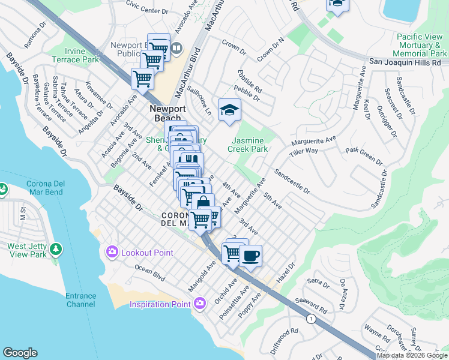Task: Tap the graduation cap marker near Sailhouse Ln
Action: (229, 110)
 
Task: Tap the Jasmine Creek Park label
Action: (247, 144)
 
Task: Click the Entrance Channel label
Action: (80, 300)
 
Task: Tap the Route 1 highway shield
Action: (310, 317)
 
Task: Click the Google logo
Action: (20, 353)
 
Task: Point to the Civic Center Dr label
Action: (146, 7)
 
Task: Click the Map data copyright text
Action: (412, 355)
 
